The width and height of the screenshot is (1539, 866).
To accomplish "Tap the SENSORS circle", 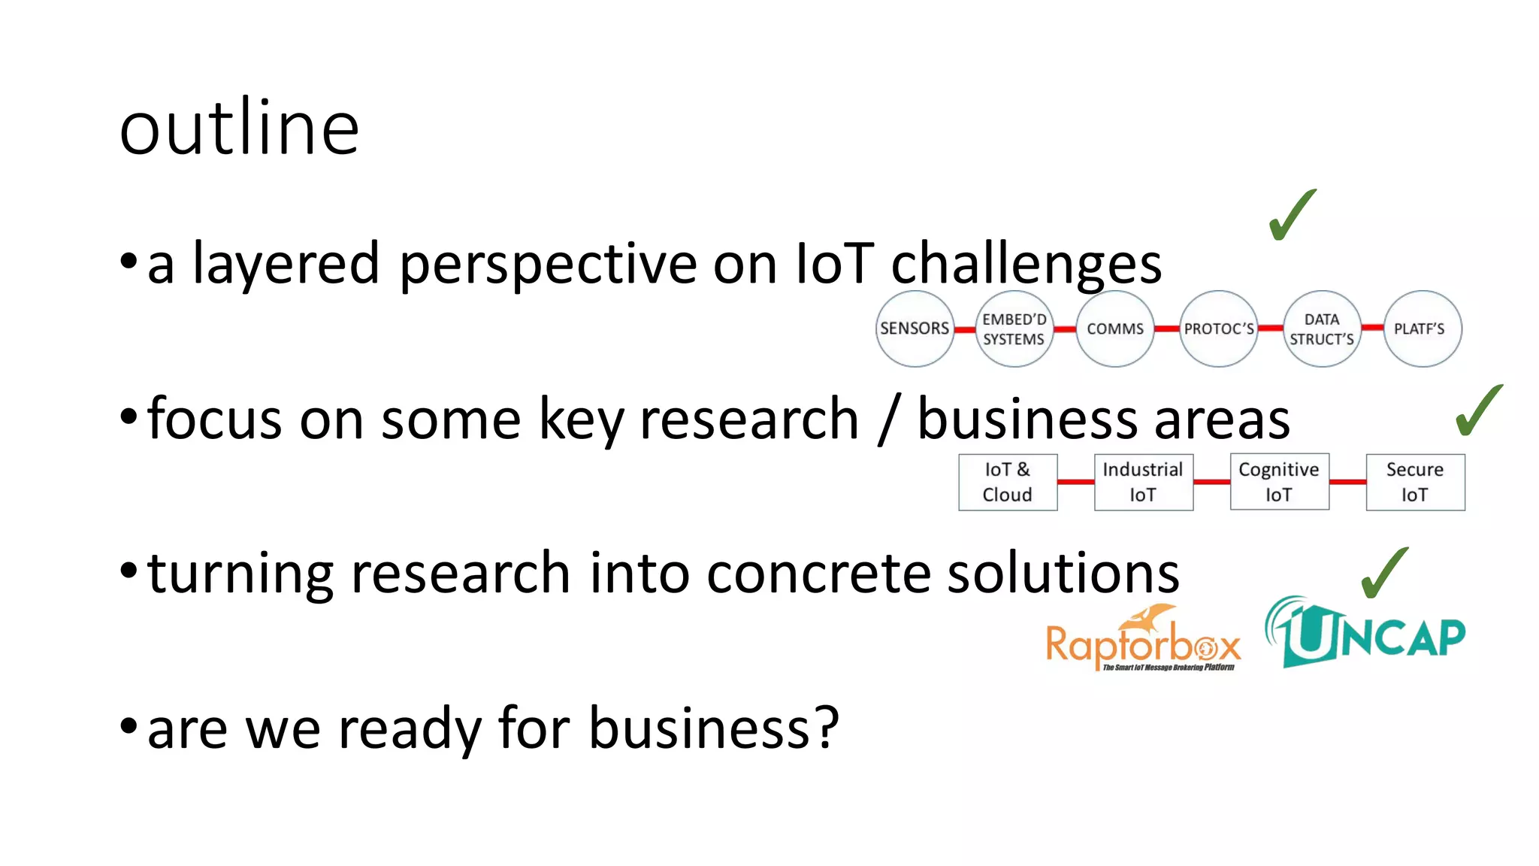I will click(915, 329).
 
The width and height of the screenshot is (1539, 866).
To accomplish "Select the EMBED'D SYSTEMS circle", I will click(1014, 329).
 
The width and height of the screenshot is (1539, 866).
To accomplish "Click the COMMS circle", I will click(1115, 329).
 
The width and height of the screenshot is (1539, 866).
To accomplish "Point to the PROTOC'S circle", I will click(1218, 329).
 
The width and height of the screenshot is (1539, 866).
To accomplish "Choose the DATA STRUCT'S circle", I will click(1322, 329).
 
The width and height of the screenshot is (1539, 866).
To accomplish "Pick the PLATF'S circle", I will click(1422, 329).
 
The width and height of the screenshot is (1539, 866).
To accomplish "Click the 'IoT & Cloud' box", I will click(1008, 482).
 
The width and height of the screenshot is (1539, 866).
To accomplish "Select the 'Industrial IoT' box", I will click(1143, 482).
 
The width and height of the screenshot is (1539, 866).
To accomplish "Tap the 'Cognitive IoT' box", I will click(1279, 482).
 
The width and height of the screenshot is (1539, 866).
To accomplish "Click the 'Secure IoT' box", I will click(1415, 482).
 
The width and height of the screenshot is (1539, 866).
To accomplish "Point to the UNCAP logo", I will click(1365, 633).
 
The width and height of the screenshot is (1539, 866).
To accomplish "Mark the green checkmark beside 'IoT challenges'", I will click(1291, 215).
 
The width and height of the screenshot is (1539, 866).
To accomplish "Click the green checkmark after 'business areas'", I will click(1478, 410).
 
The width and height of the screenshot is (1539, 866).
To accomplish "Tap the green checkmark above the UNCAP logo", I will click(1384, 573).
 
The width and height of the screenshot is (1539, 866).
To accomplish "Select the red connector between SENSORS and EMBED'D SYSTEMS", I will click(965, 329).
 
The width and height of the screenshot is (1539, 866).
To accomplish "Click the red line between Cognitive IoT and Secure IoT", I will click(1347, 482).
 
